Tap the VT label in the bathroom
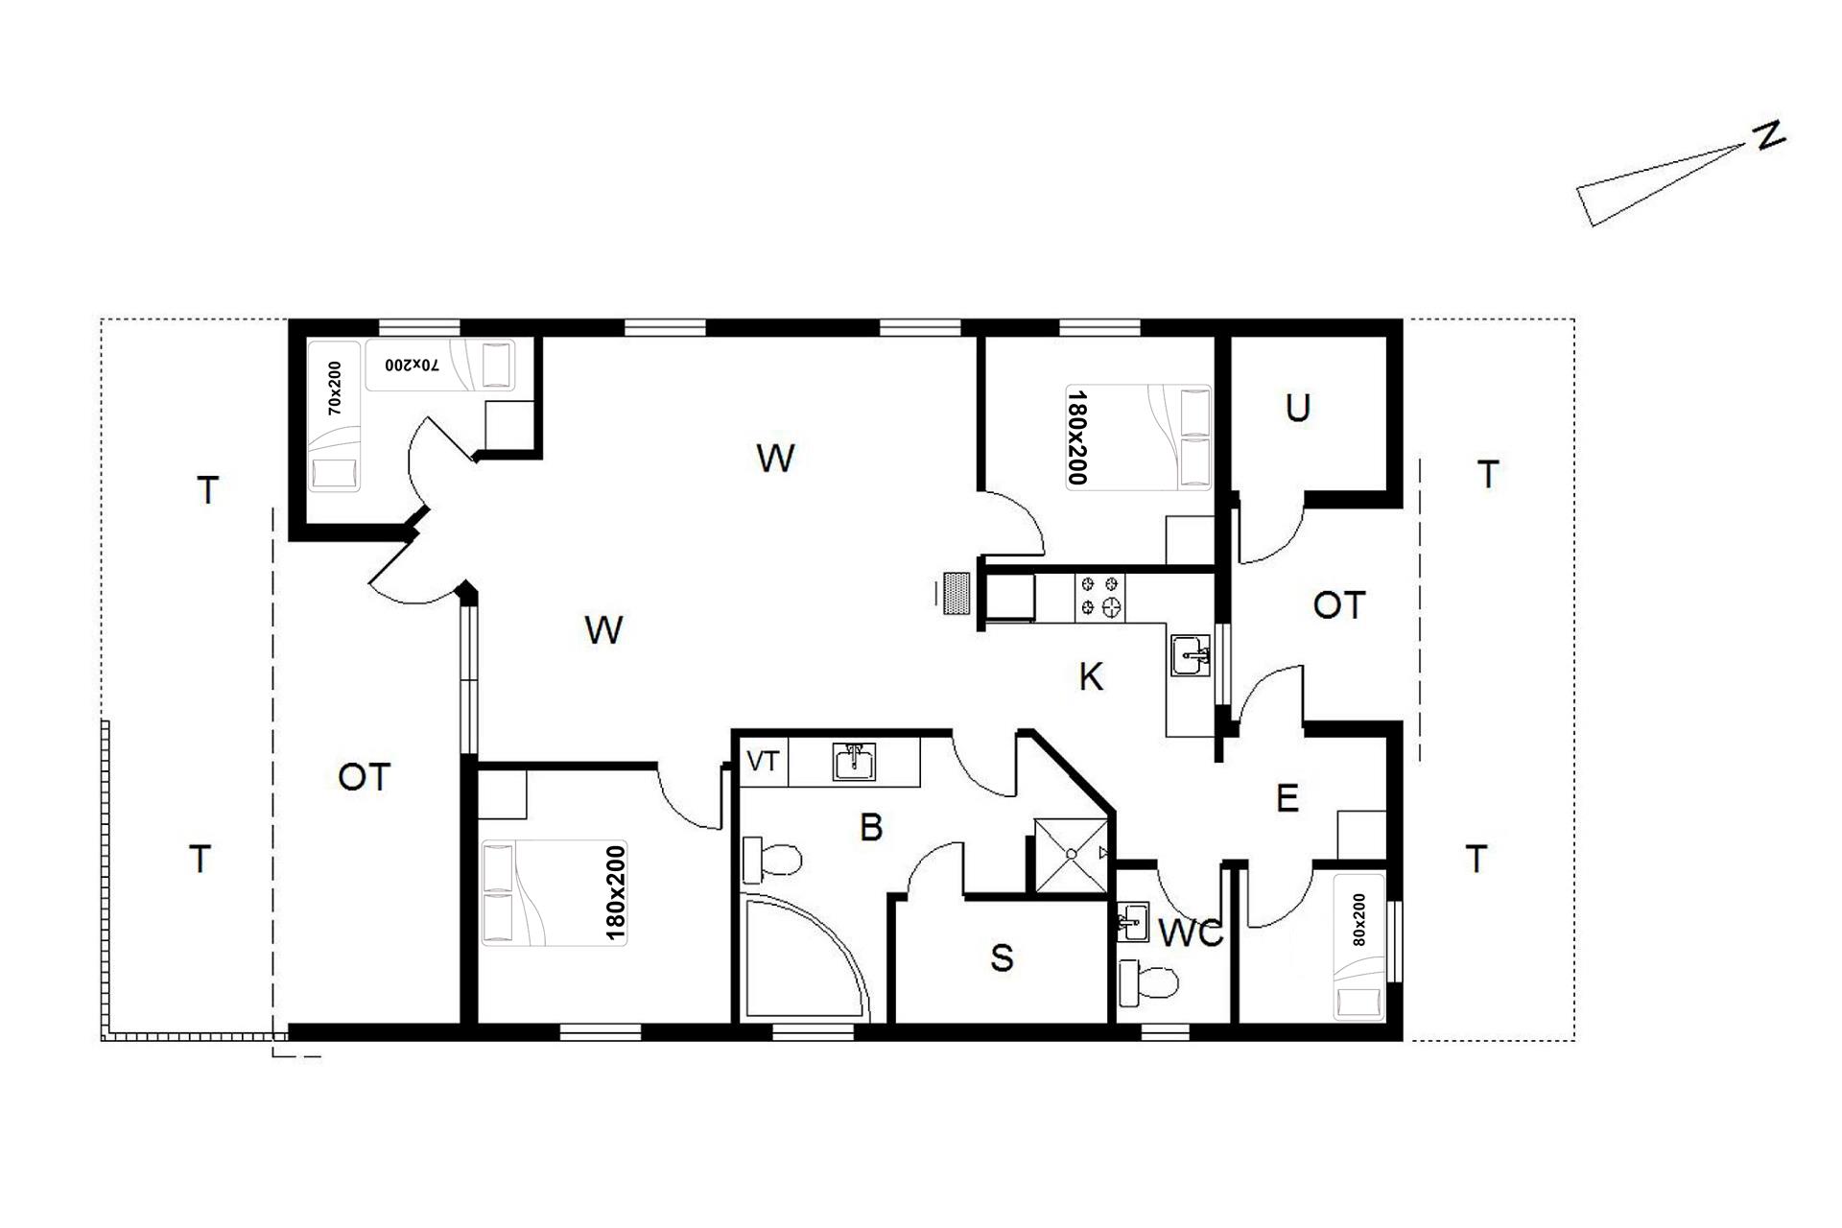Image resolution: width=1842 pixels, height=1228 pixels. [763, 763]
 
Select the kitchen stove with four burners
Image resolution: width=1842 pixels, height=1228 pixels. [1099, 595]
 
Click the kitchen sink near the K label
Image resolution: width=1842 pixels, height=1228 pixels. [1191, 657]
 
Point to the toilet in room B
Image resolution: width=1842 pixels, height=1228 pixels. [772, 859]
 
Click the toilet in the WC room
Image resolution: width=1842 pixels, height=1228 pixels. [1148, 983]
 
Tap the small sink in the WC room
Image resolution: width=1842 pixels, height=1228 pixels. [1133, 922]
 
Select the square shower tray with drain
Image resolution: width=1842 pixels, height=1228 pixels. [1068, 854]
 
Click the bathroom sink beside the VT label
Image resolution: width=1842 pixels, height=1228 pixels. [854, 762]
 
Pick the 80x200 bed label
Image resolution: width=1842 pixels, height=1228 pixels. [1358, 920]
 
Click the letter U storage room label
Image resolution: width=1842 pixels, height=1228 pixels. [1297, 409]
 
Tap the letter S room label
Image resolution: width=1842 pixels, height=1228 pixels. [1002, 957]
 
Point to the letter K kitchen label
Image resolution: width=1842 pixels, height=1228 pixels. [1091, 677]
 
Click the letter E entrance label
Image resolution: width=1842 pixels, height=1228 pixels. [1287, 798]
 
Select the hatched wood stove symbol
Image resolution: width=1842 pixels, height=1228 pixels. [956, 595]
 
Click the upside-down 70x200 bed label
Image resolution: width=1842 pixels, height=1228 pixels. [413, 366]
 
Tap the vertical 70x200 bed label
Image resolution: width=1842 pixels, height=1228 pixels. [334, 388]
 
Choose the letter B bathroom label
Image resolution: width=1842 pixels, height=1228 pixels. [871, 827]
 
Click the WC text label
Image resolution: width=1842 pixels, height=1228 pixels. [1191, 933]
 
